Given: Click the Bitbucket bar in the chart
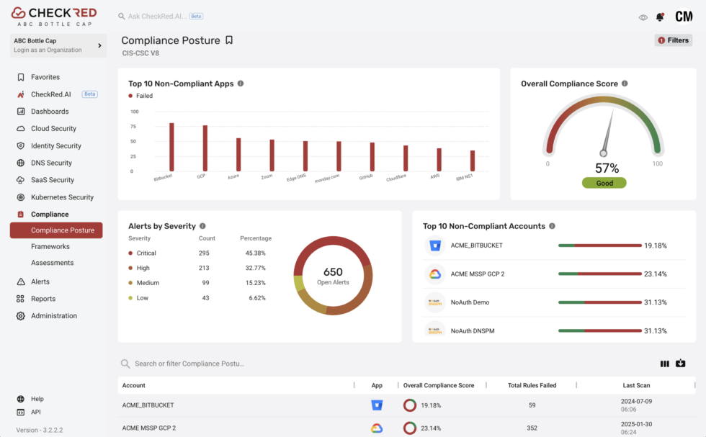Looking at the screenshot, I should point(171,147).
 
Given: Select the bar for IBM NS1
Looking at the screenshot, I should point(473,161).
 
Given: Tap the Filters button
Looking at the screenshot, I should point(673,40).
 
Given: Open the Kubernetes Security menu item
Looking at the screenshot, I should point(62,197).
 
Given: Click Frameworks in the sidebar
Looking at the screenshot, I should point(50,246).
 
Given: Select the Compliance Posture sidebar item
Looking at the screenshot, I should point(62,230).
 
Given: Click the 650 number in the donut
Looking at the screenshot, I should point(333,272).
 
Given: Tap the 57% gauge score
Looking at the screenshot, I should point(607,168).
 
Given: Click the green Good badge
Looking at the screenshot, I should point(604,183).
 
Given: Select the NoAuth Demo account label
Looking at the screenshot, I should point(470,302).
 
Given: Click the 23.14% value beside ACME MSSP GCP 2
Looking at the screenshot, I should point(655,274).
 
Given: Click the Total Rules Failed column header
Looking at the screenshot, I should point(532,386).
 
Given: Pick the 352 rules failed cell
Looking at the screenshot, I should point(532,428).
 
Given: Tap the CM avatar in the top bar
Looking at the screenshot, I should point(683,17).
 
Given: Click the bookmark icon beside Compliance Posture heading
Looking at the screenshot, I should point(229,40).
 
